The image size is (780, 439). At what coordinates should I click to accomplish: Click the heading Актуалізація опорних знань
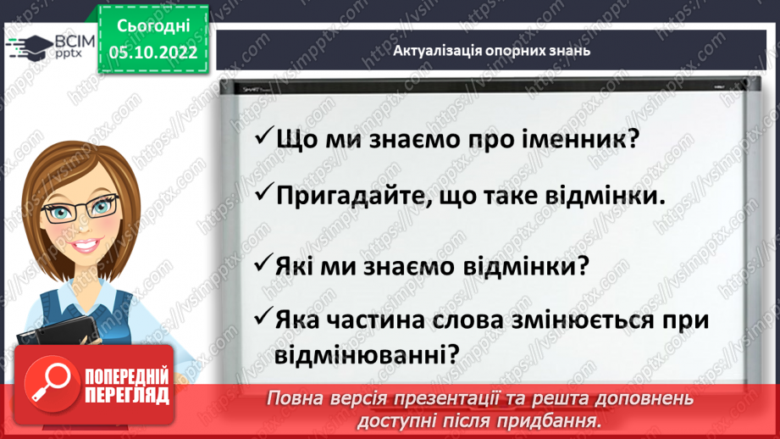tap(491, 50)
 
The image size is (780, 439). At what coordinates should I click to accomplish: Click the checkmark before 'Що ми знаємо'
tap(263, 138)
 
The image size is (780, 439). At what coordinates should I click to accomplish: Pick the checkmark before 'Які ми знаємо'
tap(263, 265)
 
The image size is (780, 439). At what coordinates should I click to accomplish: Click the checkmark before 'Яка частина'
tap(263, 319)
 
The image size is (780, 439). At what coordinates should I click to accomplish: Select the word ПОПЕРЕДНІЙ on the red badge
tap(127, 376)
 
